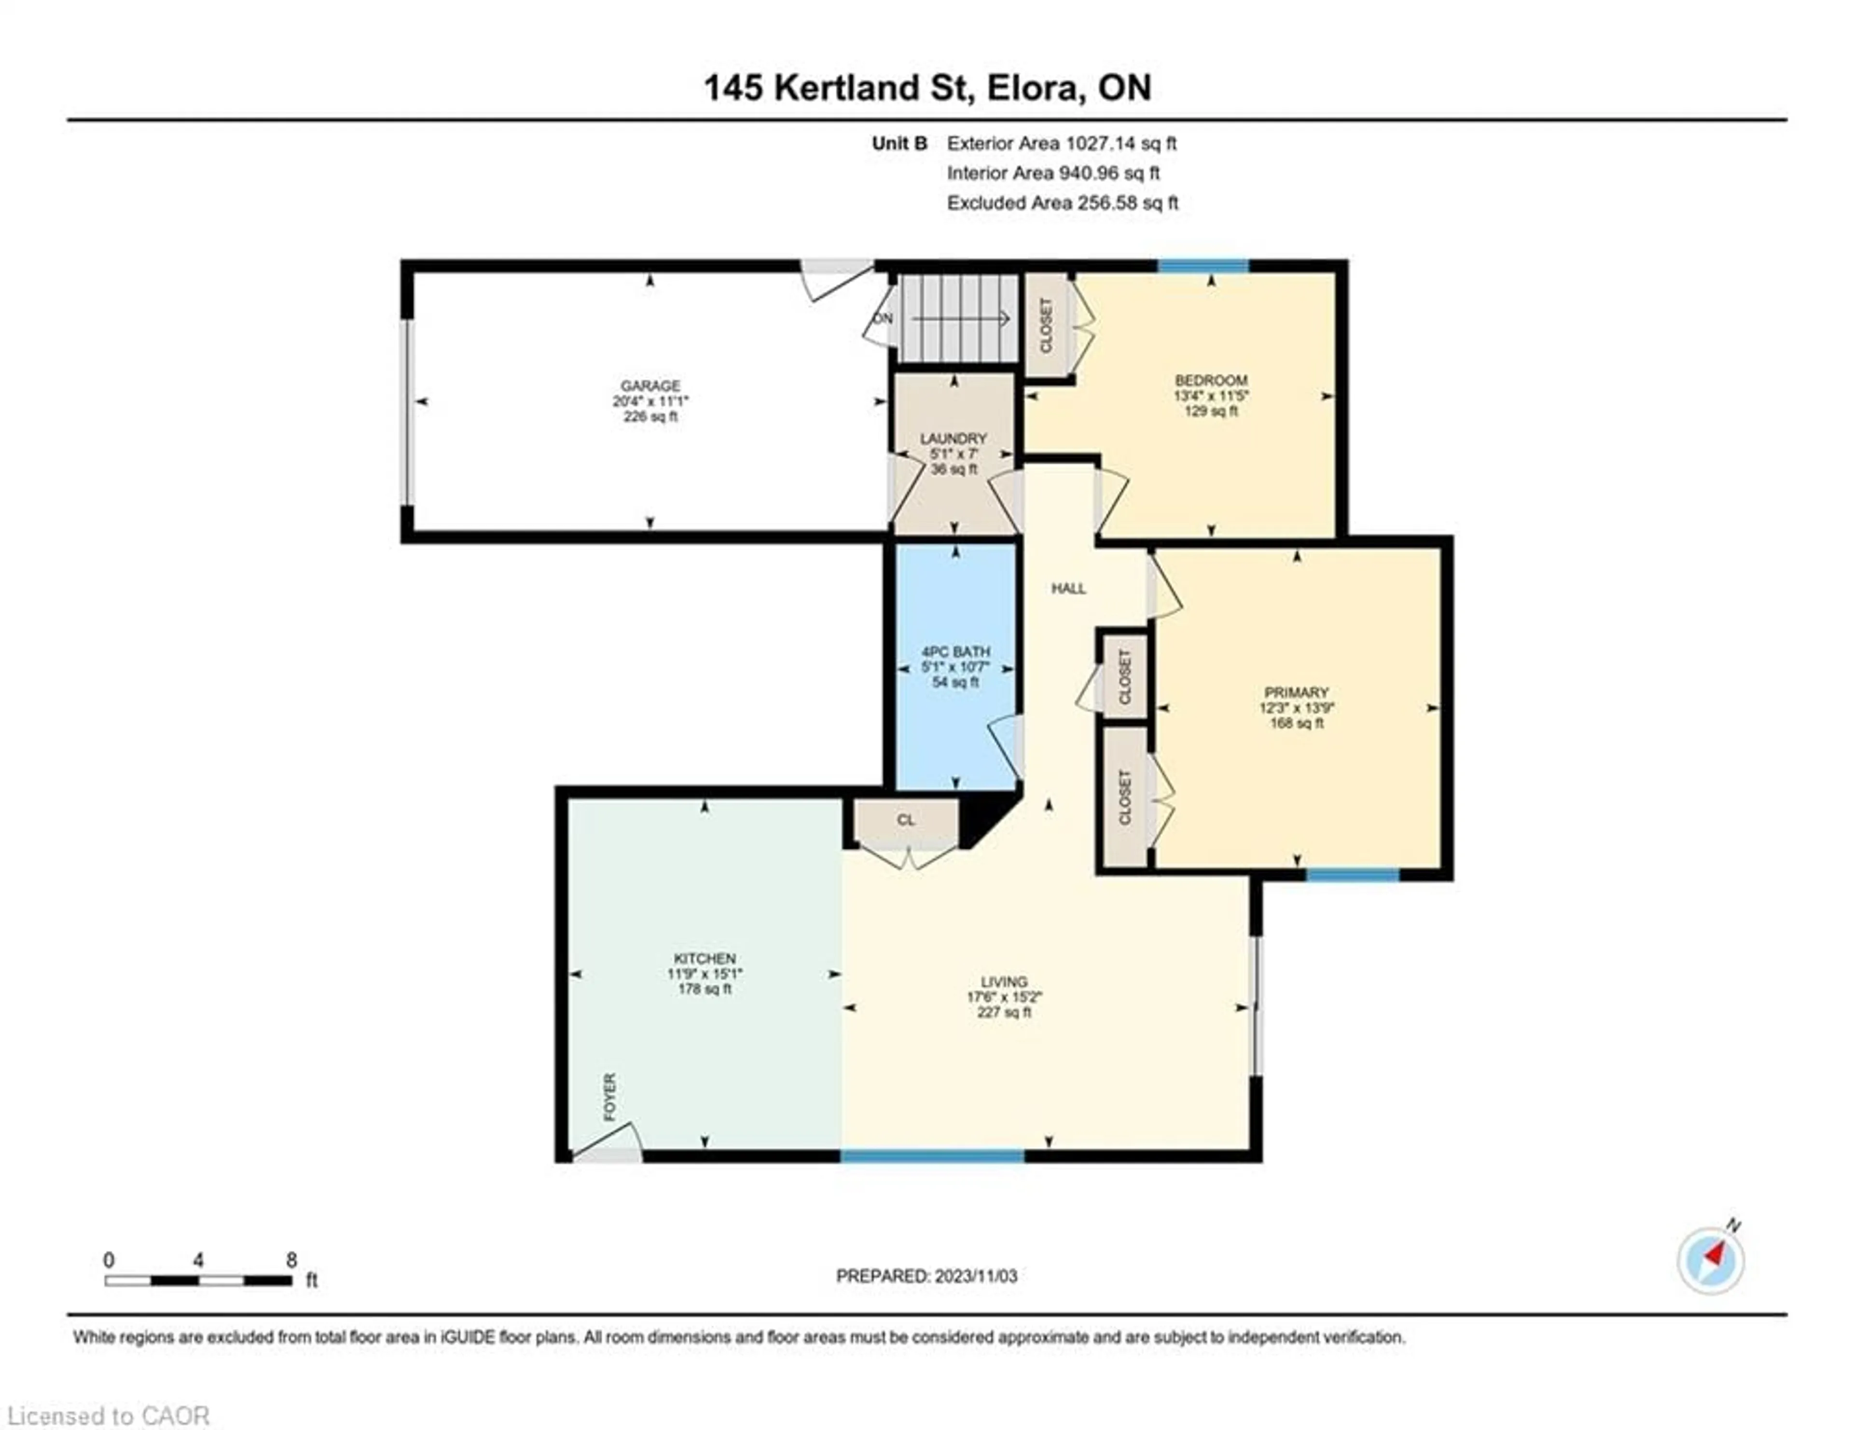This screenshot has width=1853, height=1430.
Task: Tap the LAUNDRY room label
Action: pos(954,439)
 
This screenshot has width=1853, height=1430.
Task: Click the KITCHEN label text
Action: pos(704,959)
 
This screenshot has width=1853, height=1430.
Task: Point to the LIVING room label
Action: pos(1004,981)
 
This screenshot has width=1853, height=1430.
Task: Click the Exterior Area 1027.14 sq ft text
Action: pos(1062,143)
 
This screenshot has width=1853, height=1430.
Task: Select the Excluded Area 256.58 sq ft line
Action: pos(1062,203)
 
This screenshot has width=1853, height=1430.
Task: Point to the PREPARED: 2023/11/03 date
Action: pos(926,1276)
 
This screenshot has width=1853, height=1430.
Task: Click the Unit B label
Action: pos(899,143)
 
